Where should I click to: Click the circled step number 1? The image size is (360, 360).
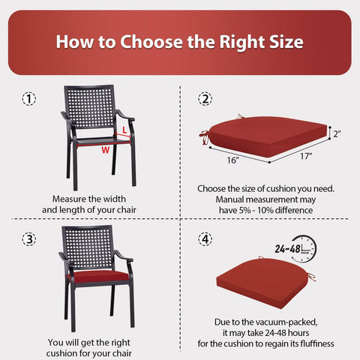pyautogui.click(x=29, y=99)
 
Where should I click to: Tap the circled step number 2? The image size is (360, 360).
pyautogui.click(x=205, y=99)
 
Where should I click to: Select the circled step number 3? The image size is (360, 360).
pyautogui.click(x=29, y=239)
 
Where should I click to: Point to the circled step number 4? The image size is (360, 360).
pyautogui.click(x=205, y=239)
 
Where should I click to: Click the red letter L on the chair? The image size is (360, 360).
pyautogui.click(x=124, y=130)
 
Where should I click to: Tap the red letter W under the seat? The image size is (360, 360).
pyautogui.click(x=105, y=150)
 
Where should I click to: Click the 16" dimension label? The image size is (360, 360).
pyautogui.click(x=233, y=160)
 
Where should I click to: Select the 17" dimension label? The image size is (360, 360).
pyautogui.click(x=306, y=156)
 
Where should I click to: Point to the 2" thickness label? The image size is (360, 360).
pyautogui.click(x=337, y=133)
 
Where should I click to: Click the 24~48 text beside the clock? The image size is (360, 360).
pyautogui.click(x=288, y=249)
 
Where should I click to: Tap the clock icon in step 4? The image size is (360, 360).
pyautogui.click(x=305, y=249)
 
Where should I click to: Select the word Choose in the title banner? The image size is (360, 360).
pyautogui.click(x=151, y=41)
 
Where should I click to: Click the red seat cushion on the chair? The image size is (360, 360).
pyautogui.click(x=98, y=277)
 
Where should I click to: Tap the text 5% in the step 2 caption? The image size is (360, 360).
pyautogui.click(x=245, y=210)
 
